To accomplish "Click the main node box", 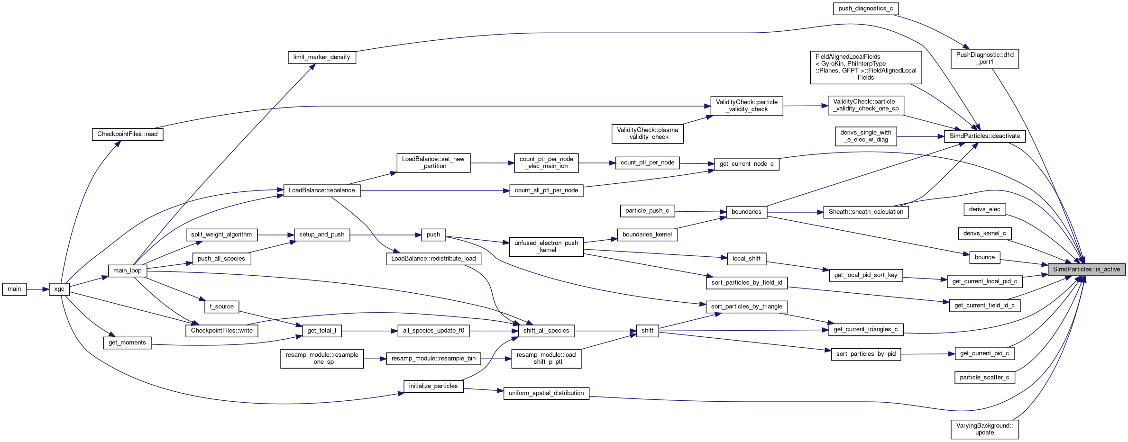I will pyautogui.click(x=14, y=289).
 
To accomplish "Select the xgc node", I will pyautogui.click(x=59, y=289).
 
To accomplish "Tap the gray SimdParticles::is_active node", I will pyautogui.click(x=1086, y=270).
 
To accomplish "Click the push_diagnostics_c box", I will pyautogui.click(x=865, y=9).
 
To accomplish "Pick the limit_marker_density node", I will pyautogui.click(x=321, y=57).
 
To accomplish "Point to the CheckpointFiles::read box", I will pyautogui.click(x=127, y=134).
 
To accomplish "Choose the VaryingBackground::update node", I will pyautogui.click(x=984, y=429).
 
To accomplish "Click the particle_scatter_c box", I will pyautogui.click(x=984, y=378).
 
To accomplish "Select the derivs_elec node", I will pyautogui.click(x=984, y=209).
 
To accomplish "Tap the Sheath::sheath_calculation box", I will pyautogui.click(x=866, y=212).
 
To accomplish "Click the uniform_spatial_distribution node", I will pyautogui.click(x=546, y=393).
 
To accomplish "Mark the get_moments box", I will pyautogui.click(x=127, y=343).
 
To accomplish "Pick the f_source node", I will pyautogui.click(x=221, y=307).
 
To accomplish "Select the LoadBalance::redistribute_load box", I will pyautogui.click(x=433, y=259).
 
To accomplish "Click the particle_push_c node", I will pyautogui.click(x=647, y=211).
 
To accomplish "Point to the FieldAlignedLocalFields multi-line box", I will pyautogui.click(x=866, y=67).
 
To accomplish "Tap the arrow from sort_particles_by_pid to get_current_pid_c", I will pyautogui.click(x=928, y=354).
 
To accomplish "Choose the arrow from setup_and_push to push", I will pyautogui.click(x=385, y=235).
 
